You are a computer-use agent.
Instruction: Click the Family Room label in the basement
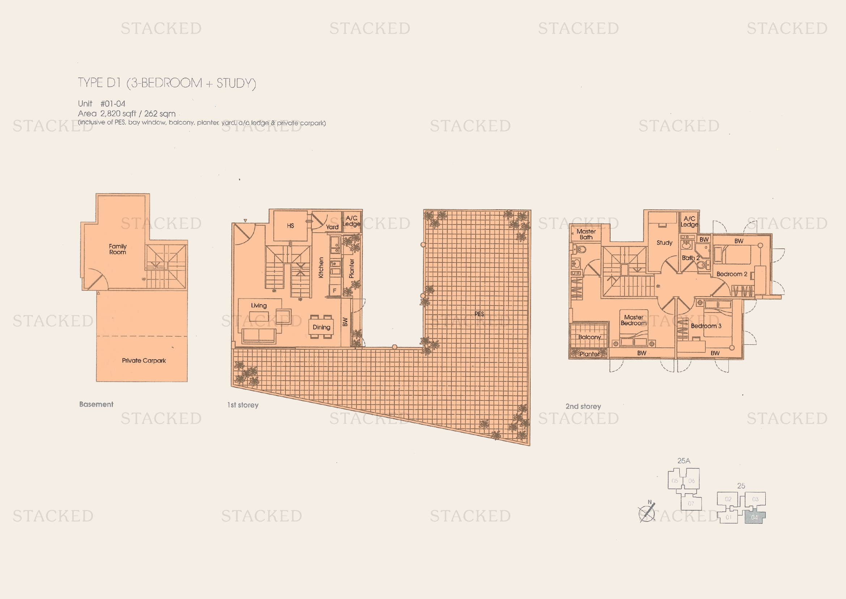[x=118, y=249]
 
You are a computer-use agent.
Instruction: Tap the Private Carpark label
[x=144, y=360]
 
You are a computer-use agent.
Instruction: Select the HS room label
[x=290, y=226]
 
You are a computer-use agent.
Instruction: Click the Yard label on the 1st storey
[x=332, y=227]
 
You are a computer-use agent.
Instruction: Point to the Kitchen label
[x=321, y=267]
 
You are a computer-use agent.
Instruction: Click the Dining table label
[x=321, y=327]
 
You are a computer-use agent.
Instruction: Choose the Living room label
[x=259, y=305]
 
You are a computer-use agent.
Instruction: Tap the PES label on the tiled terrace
[x=479, y=314]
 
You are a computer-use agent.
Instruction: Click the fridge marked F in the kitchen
[x=335, y=291]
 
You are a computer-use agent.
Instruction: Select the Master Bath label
[x=586, y=234]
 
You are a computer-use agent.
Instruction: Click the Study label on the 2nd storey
[x=664, y=243]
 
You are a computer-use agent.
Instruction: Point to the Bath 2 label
[x=690, y=258]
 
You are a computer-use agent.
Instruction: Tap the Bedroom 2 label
[x=731, y=274]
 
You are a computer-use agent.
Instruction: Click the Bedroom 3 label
[x=706, y=326]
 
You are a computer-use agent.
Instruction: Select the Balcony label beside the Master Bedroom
[x=589, y=337]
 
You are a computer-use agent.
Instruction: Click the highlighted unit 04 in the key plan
[x=754, y=517]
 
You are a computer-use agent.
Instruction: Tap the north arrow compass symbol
[x=647, y=512]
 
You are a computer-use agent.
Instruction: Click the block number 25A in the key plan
[x=684, y=461]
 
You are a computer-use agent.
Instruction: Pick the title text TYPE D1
[x=99, y=83]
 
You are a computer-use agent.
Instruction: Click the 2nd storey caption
[x=583, y=406]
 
